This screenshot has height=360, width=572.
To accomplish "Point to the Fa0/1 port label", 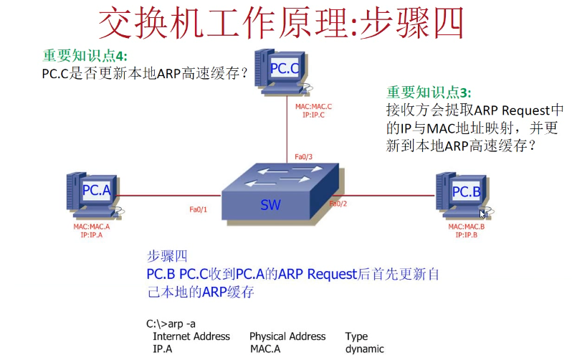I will tap(198, 209).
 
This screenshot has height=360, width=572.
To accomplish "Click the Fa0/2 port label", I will tap(338, 204).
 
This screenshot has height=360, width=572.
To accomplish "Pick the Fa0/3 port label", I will tap(304, 156).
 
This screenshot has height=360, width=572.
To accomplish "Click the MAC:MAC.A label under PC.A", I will tap(92, 227).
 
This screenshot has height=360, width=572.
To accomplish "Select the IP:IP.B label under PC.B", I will tap(467, 235).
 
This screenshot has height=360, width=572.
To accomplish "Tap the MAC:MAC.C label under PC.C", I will tap(314, 106).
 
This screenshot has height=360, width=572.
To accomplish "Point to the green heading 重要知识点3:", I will tap(429, 92).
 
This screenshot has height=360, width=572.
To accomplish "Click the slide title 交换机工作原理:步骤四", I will tap(281, 24).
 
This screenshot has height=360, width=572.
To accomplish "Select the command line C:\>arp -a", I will tap(171, 323).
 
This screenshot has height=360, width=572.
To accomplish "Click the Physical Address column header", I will tap(287, 336).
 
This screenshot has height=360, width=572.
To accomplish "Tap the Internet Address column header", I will tap(191, 336).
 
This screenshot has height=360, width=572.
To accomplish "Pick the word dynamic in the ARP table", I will tap(365, 350).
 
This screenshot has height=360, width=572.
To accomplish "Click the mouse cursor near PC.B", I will tap(483, 213).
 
